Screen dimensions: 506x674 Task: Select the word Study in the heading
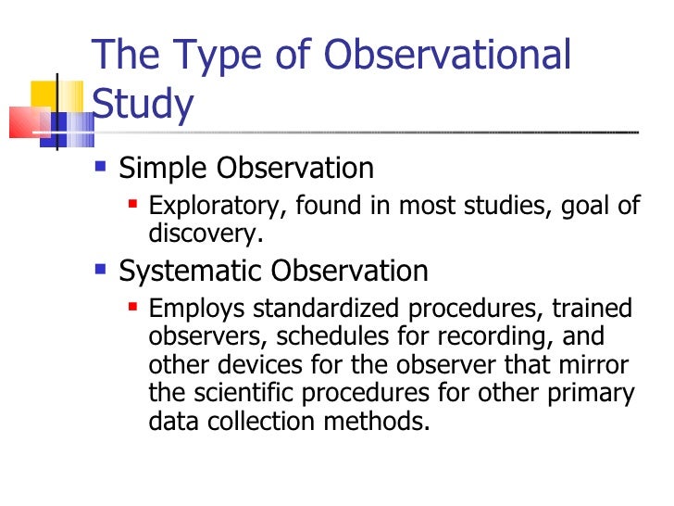pos(143,106)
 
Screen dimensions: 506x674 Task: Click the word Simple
pos(164,169)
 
